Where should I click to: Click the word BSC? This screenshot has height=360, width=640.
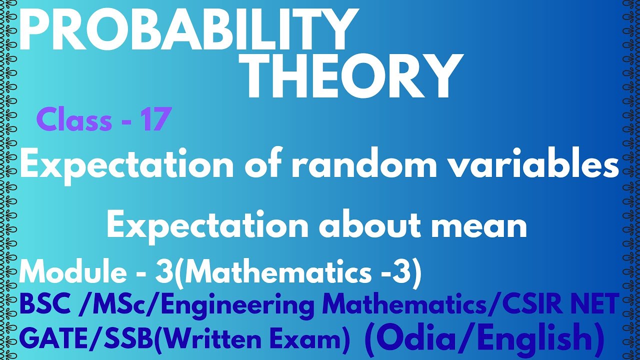tap(43, 305)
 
